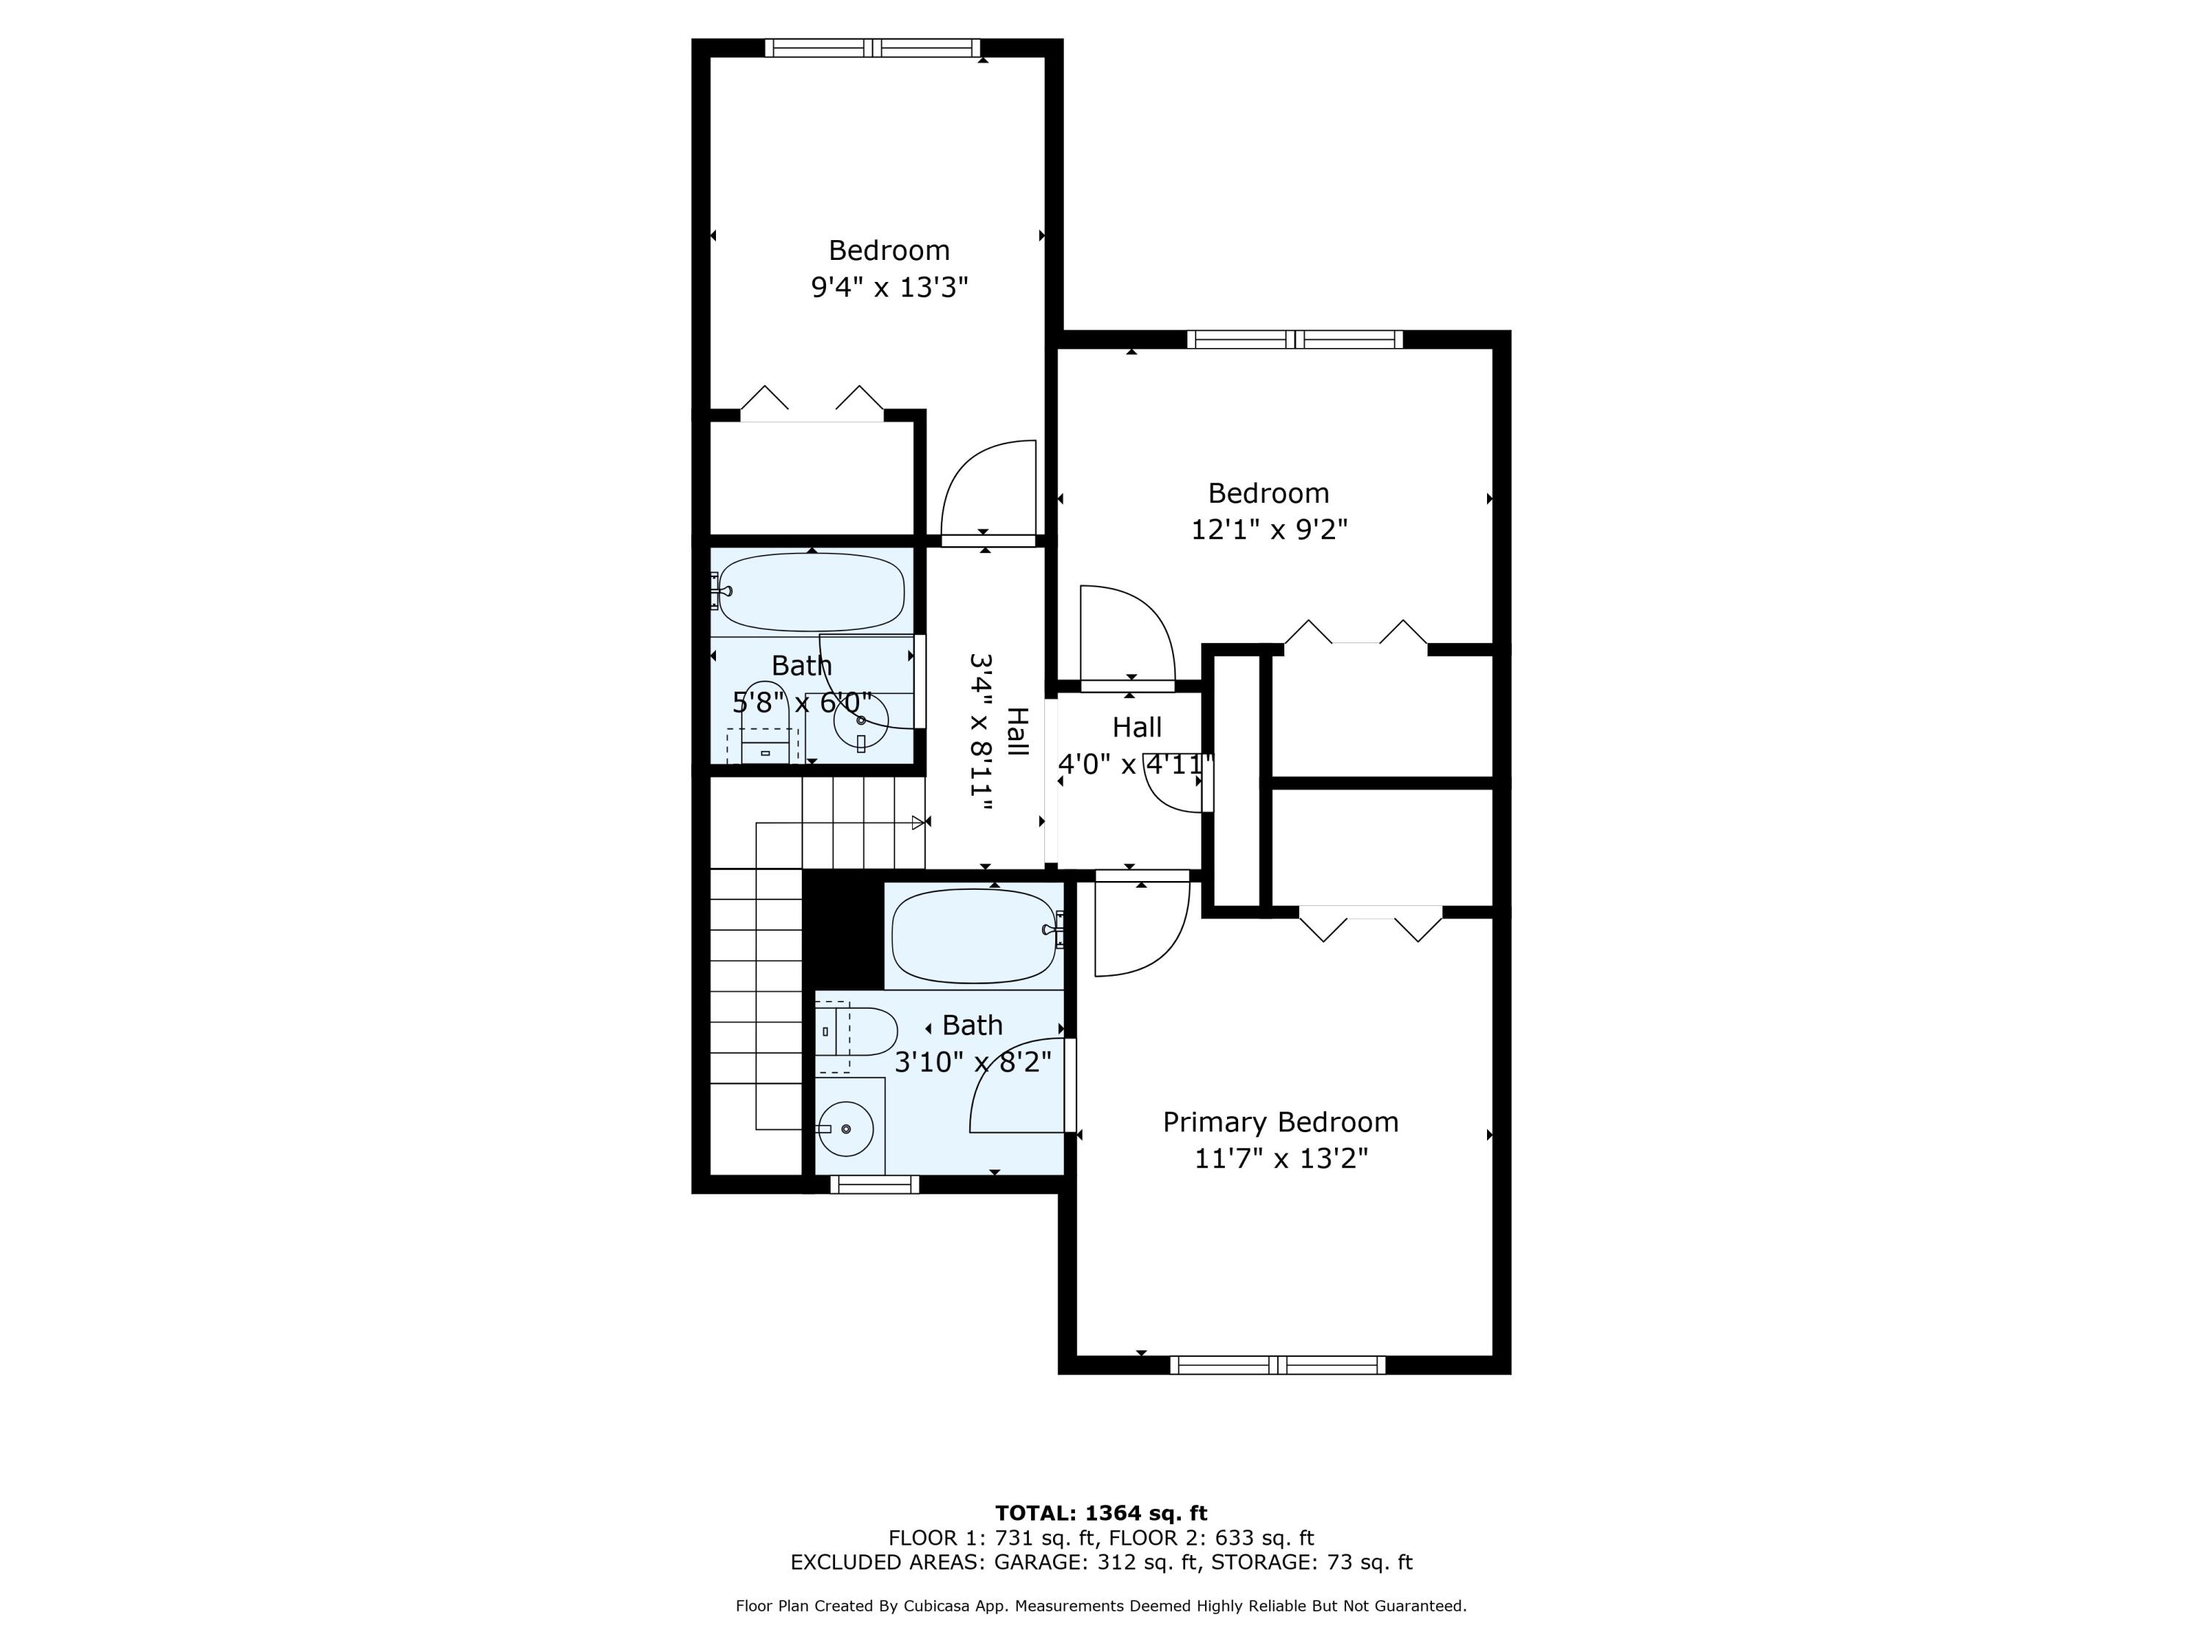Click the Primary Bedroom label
(x=1281, y=1122)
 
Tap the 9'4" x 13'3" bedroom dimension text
(x=889, y=288)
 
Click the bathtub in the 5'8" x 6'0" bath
(x=811, y=592)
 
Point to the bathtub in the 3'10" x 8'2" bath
(x=974, y=935)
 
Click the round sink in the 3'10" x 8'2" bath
(x=845, y=1129)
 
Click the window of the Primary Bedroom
(x=1278, y=1365)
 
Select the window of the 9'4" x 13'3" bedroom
(x=872, y=48)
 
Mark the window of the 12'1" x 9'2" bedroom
(x=1295, y=339)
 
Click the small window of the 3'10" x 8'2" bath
(x=875, y=1184)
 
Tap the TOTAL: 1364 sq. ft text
(x=1101, y=1513)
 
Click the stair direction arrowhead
(x=918, y=822)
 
